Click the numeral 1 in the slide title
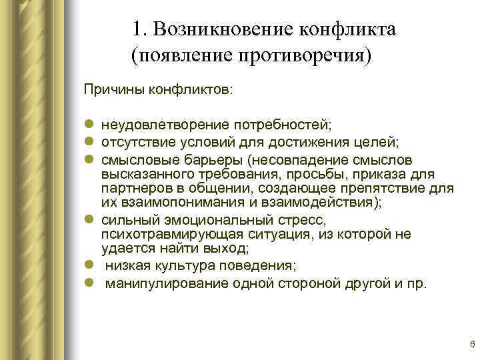coord(137,29)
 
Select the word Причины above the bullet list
coord(109,89)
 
